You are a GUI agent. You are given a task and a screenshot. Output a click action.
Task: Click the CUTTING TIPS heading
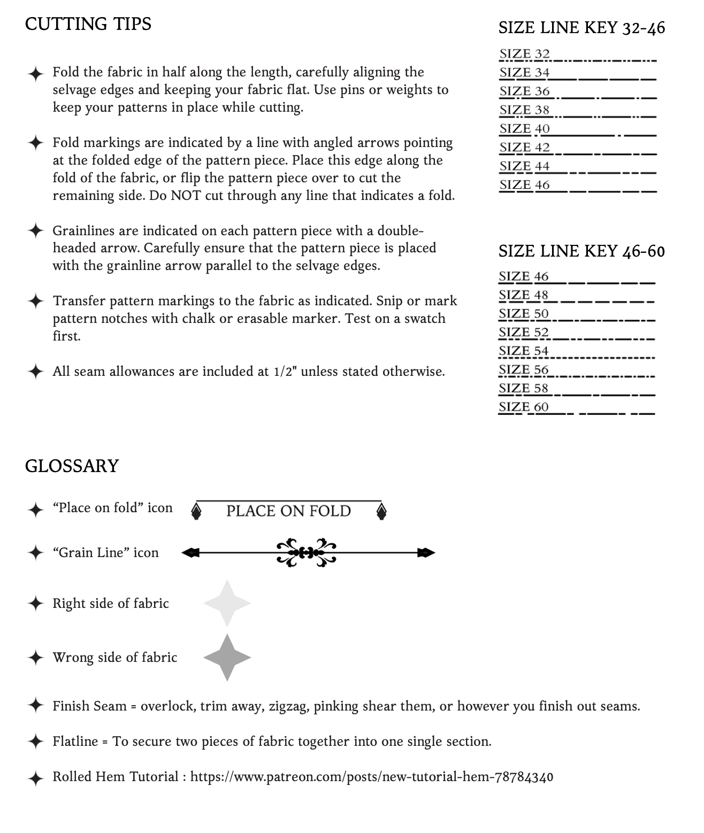pos(88,24)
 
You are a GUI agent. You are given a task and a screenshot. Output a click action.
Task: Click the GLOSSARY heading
pos(72,466)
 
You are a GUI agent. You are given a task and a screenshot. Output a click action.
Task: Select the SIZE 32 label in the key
pos(524,54)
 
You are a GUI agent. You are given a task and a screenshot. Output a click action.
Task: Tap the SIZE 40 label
pos(524,129)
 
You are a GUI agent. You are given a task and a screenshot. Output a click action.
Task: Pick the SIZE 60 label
pos(523,407)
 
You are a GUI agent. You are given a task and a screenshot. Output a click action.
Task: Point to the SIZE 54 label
pos(523,351)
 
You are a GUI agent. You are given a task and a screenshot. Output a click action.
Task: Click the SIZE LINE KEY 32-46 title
pos(581,28)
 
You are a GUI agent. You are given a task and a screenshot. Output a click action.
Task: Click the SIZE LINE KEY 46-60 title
pos(581,251)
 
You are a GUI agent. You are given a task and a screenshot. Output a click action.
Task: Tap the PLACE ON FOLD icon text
pos(288,511)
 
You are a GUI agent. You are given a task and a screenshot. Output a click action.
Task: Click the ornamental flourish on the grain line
pos(307,552)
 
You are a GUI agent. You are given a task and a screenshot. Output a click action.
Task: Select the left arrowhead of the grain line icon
pos(190,553)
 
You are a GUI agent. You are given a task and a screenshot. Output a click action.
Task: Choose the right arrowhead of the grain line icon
pos(426,553)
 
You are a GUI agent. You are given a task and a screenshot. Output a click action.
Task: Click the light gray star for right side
pos(227,603)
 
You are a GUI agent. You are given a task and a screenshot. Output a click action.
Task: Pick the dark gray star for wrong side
pos(227,657)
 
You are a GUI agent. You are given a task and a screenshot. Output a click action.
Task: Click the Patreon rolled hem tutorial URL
pos(372,777)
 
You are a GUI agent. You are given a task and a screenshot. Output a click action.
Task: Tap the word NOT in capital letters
pos(186,196)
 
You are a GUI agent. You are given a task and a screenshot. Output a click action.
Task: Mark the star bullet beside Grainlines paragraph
pos(35,231)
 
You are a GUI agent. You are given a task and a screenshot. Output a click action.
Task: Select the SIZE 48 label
pos(523,295)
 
